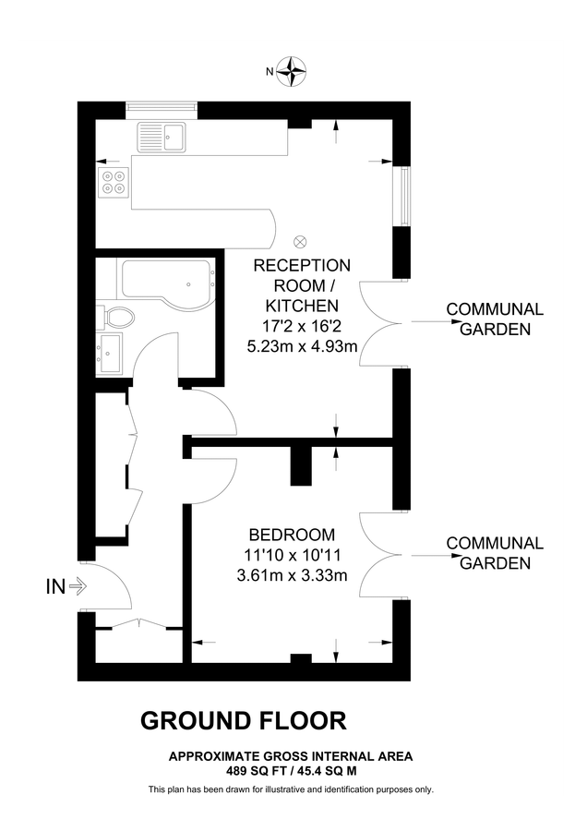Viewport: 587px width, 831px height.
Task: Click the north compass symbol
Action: (293, 70)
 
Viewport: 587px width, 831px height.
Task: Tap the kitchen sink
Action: (162, 138)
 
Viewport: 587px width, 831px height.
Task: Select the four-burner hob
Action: (114, 182)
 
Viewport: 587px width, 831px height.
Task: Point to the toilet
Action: (117, 319)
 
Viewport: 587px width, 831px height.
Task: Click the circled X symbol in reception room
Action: (299, 242)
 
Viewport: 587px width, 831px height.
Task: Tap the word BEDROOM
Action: (292, 536)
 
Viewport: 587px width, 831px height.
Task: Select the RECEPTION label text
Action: (302, 265)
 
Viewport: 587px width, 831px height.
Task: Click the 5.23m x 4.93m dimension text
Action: (302, 346)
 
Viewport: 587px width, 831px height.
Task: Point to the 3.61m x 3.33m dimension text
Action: (292, 577)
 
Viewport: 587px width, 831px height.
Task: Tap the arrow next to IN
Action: (77, 585)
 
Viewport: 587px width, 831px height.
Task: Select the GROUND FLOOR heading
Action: (243, 720)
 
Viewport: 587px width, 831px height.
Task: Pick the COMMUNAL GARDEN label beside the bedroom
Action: (495, 553)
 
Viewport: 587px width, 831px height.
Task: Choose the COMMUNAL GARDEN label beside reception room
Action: (495, 319)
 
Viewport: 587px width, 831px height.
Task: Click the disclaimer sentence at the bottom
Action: (291, 789)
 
